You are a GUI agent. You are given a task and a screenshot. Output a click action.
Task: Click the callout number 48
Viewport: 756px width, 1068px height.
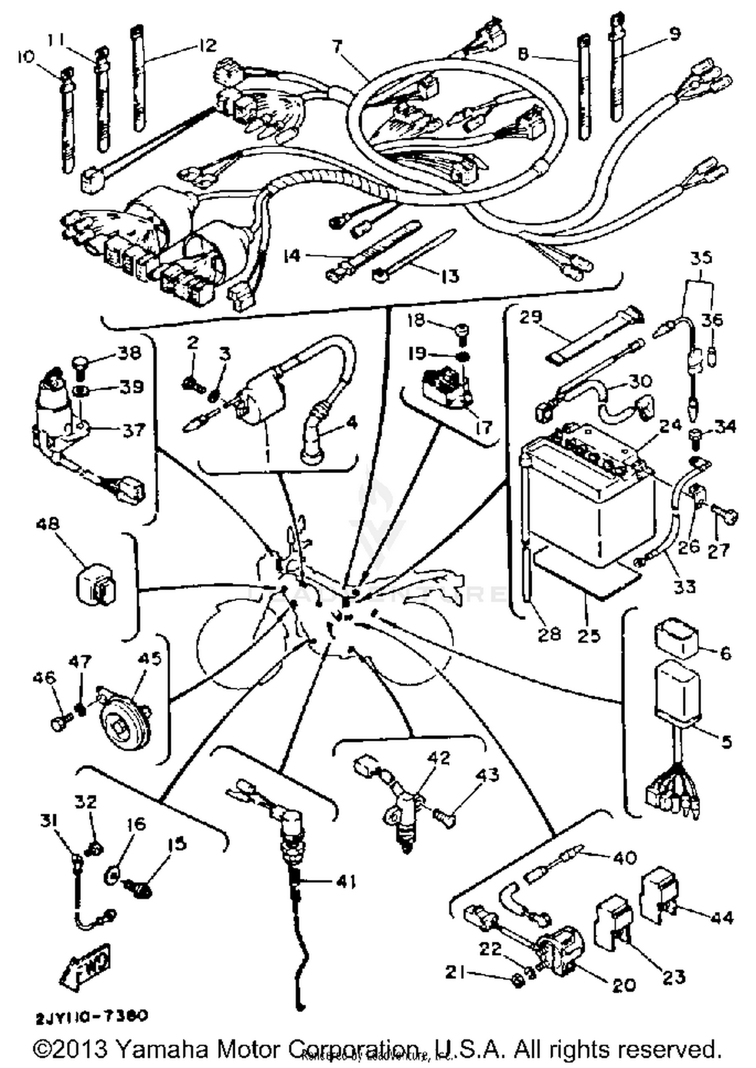(47, 524)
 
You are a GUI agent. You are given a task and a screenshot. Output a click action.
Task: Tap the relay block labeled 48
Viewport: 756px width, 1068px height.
(96, 584)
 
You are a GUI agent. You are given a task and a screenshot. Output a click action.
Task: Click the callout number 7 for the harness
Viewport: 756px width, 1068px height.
(337, 47)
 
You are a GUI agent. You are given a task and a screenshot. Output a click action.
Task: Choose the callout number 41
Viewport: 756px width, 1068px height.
(346, 882)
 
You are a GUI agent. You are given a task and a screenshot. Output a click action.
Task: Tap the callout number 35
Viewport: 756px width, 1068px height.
(701, 258)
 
